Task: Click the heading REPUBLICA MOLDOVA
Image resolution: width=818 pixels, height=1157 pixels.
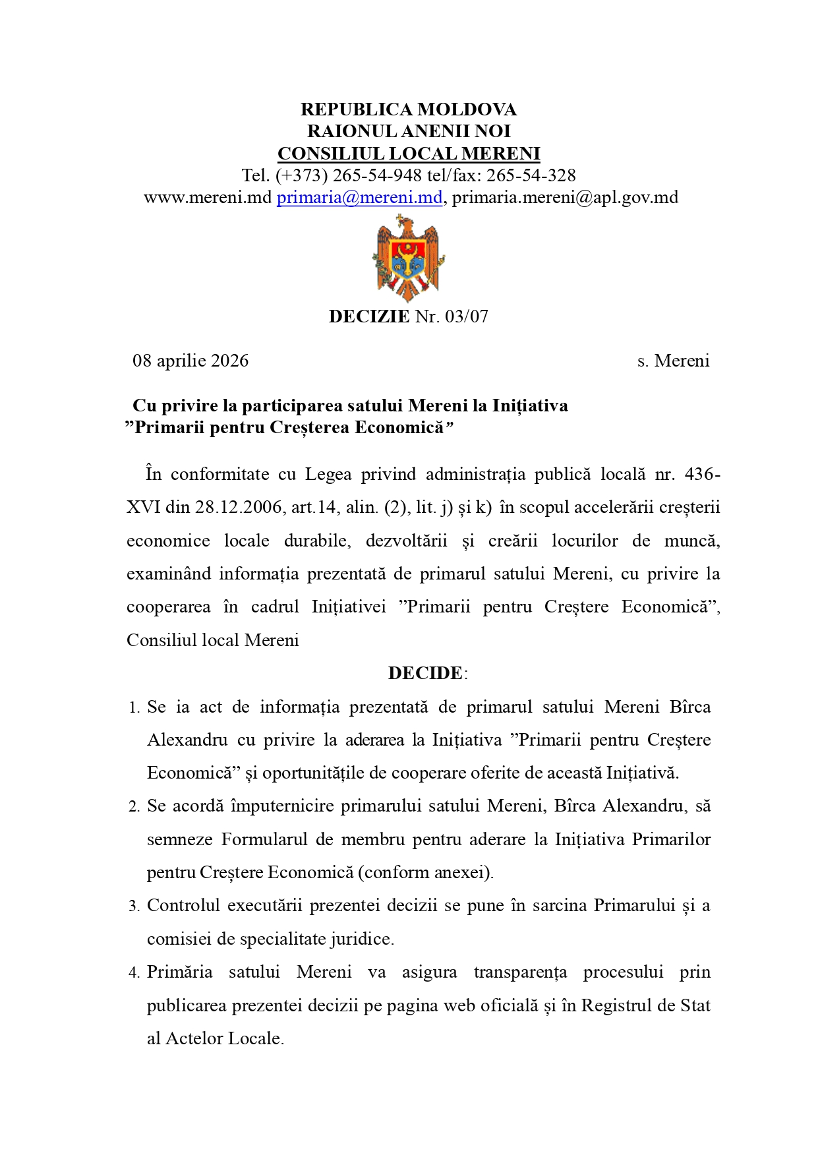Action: [409, 109]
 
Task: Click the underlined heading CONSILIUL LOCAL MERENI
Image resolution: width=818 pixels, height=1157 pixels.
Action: [409, 154]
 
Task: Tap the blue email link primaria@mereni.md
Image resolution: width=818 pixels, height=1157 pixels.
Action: [359, 197]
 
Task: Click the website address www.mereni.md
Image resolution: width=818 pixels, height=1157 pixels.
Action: [208, 197]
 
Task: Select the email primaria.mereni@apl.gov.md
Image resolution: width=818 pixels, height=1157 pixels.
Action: [565, 197]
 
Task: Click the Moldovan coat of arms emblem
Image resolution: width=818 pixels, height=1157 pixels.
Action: [408, 258]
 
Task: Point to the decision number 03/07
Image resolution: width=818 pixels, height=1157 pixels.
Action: [467, 316]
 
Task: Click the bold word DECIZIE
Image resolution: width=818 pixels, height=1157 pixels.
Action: [369, 316]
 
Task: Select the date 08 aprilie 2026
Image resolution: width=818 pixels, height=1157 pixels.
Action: [190, 361]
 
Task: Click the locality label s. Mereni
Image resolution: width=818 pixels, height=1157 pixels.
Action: [673, 361]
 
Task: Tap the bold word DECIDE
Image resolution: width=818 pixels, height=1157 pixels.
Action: [425, 673]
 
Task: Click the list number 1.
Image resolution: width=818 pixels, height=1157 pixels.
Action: [134, 708]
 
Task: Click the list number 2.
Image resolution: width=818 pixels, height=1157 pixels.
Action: [134, 807]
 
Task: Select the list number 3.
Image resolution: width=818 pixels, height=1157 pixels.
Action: [134, 906]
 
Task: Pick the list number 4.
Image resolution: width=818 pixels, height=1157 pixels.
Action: [134, 973]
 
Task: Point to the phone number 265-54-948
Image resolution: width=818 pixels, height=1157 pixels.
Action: [377, 175]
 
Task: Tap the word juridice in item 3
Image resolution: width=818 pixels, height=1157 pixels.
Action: [361, 939]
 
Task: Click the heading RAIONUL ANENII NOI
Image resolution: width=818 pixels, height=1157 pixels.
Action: [409, 131]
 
